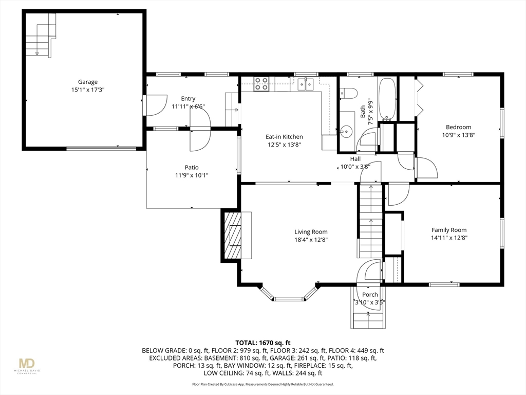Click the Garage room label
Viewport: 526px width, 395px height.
click(x=87, y=82)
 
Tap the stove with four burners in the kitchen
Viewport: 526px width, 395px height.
click(x=261, y=84)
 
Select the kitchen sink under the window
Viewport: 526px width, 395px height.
click(x=306, y=84)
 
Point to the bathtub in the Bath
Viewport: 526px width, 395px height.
click(x=387, y=99)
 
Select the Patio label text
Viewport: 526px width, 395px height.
click(x=192, y=167)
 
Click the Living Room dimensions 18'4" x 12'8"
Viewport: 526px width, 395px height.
click(x=311, y=240)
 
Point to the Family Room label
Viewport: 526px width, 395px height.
click(x=449, y=230)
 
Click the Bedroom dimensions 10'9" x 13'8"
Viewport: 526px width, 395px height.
click(x=459, y=135)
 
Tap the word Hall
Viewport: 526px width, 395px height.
click(x=355, y=159)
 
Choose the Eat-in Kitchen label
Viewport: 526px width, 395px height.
click(x=284, y=137)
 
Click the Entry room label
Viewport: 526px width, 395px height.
click(x=188, y=99)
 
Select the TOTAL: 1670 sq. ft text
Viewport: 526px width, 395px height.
click(x=262, y=343)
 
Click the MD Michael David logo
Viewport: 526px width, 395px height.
click(x=27, y=366)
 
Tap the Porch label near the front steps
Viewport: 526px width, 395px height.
click(x=370, y=295)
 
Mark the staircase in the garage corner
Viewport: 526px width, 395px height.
click(x=41, y=35)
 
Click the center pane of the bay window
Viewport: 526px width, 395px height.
click(x=289, y=299)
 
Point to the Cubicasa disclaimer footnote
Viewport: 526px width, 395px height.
click(x=262, y=384)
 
